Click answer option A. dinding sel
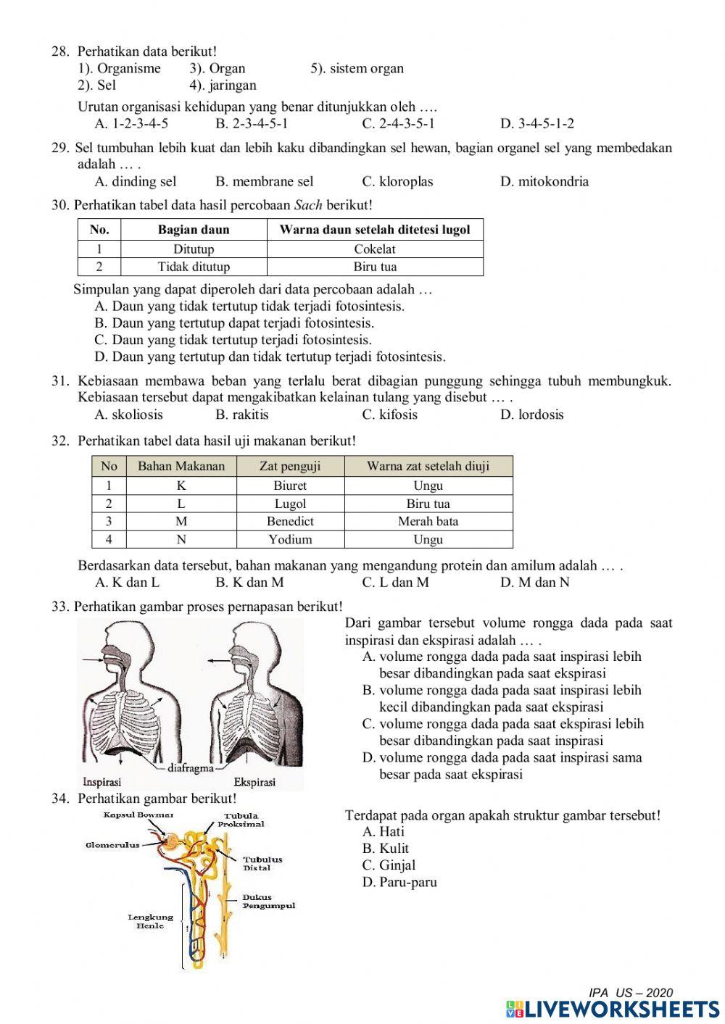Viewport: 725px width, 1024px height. point(136,181)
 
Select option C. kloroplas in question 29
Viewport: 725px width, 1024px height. point(397,181)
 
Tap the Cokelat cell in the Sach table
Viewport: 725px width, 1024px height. point(375,249)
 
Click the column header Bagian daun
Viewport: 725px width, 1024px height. point(194,230)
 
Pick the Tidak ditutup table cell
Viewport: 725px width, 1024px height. point(194,267)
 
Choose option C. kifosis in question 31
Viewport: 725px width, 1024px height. point(390,415)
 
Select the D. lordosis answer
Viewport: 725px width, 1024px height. point(531,415)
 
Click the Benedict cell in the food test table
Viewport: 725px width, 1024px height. point(290,521)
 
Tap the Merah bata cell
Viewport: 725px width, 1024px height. point(428,521)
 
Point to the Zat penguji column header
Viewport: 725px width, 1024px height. point(290,466)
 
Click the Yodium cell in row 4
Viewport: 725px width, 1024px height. point(290,539)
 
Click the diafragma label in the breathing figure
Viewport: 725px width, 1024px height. point(190,767)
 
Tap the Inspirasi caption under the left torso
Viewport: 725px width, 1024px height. point(101,782)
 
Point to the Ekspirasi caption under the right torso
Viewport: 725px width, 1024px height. point(254,782)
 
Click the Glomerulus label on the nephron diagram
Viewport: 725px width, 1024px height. point(112,845)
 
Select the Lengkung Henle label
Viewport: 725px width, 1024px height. point(151,921)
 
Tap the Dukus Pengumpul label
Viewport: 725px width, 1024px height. point(268,902)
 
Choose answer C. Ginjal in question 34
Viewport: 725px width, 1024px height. point(389,865)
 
